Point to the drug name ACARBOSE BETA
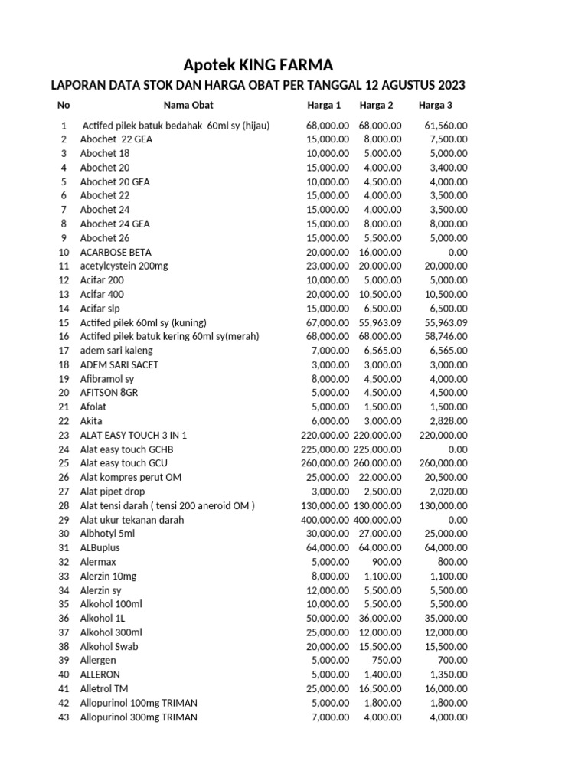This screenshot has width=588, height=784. click(x=116, y=252)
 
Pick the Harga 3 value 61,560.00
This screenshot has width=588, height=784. click(x=446, y=125)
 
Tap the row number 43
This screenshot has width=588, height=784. click(x=64, y=717)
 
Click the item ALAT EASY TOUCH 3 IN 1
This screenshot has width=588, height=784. click(x=133, y=435)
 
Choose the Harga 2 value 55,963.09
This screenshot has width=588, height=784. click(x=377, y=322)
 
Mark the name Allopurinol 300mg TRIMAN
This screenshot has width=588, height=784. click(x=139, y=717)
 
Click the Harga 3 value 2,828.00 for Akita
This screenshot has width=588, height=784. click(x=449, y=421)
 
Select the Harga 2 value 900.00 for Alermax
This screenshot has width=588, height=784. click(x=384, y=562)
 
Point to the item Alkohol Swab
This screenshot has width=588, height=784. click(x=109, y=647)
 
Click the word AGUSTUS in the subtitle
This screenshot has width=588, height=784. click(x=398, y=85)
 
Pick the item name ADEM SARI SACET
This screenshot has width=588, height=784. click(x=119, y=364)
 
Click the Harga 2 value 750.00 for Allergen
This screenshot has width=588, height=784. click(x=384, y=661)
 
